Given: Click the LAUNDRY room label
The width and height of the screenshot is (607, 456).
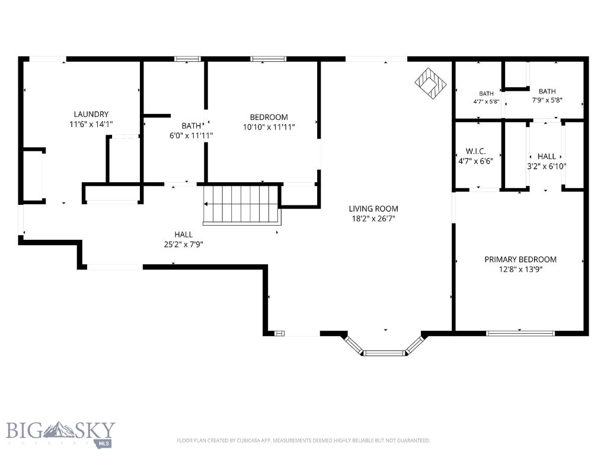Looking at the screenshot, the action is tap(91, 114).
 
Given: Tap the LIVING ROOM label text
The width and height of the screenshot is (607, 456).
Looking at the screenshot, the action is tap(373, 208).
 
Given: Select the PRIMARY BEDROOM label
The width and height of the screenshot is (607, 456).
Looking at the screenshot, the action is tap(520, 259).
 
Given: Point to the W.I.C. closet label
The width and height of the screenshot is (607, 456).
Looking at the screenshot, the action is tap(475, 151).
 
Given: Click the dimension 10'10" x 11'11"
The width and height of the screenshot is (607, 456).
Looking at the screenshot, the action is tap(269, 127).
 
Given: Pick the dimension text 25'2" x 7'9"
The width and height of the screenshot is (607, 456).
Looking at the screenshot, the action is tap(184, 244).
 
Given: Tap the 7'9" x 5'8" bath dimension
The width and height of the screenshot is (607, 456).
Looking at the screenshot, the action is tap(547, 100).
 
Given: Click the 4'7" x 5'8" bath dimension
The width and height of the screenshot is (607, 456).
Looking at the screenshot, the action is tap(486, 102).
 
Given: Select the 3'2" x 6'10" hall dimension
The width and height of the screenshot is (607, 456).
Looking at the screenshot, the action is tap(547, 166).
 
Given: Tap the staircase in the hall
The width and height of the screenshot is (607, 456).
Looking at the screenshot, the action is tap(242, 205).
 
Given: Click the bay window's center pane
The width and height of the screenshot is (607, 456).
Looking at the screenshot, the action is tap(384, 353).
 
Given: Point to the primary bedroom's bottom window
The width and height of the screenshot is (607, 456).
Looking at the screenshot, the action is tap(520, 333).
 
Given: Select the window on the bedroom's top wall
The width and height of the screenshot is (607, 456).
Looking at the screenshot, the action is tap(269, 59).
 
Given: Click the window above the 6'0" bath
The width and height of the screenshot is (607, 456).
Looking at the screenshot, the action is tap(187, 59).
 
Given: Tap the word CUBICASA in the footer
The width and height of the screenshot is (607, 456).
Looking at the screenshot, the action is tap(248, 441).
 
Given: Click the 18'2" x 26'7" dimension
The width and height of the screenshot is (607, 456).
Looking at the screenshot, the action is tap(373, 218).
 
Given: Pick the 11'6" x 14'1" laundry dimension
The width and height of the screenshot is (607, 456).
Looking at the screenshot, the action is tap(91, 124).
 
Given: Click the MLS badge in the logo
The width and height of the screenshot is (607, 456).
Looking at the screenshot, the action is tap(103, 443).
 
